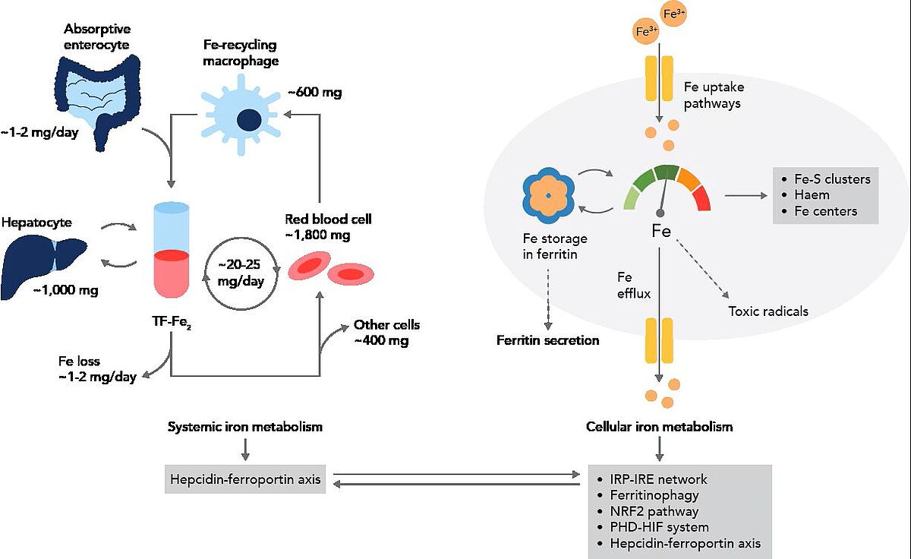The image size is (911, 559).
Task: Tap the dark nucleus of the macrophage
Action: tap(248, 119)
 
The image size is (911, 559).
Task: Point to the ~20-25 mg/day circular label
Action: tap(241, 272)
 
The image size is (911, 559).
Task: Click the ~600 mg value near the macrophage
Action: tap(314, 93)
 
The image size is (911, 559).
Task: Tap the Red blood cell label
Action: tap(328, 219)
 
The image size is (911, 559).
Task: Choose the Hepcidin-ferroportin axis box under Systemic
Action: tap(245, 479)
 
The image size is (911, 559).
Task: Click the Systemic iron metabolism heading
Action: tap(245, 427)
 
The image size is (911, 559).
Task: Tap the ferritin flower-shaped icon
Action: tap(547, 196)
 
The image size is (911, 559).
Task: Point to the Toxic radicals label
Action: tap(768, 311)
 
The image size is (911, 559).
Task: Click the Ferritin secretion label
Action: tap(547, 340)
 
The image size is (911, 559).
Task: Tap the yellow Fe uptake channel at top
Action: tap(659, 78)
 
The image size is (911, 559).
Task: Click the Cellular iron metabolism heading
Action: tap(660, 427)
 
